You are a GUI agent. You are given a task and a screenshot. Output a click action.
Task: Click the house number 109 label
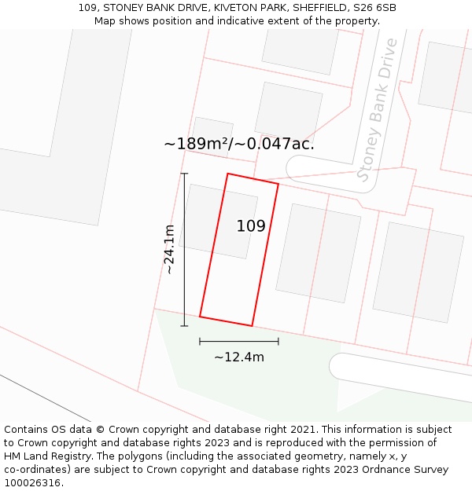tap(251, 226)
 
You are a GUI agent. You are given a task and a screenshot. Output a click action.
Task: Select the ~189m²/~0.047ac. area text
tap(239, 144)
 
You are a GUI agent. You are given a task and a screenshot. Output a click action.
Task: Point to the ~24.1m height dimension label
tap(169, 249)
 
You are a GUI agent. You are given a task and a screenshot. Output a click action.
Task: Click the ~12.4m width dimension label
tap(239, 357)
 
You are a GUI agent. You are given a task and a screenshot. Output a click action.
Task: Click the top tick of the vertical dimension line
tap(184, 174)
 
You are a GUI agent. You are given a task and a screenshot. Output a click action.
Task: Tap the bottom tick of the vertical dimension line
tap(184, 326)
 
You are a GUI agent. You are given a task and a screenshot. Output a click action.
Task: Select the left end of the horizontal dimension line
tap(200, 341)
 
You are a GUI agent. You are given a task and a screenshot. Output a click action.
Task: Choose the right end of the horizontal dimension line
tap(278, 341)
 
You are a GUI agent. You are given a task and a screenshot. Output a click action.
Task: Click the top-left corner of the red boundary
tap(227, 174)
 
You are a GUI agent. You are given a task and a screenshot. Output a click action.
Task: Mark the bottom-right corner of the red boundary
tap(252, 325)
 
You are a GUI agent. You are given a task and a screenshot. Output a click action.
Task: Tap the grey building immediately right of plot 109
tap(318, 252)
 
